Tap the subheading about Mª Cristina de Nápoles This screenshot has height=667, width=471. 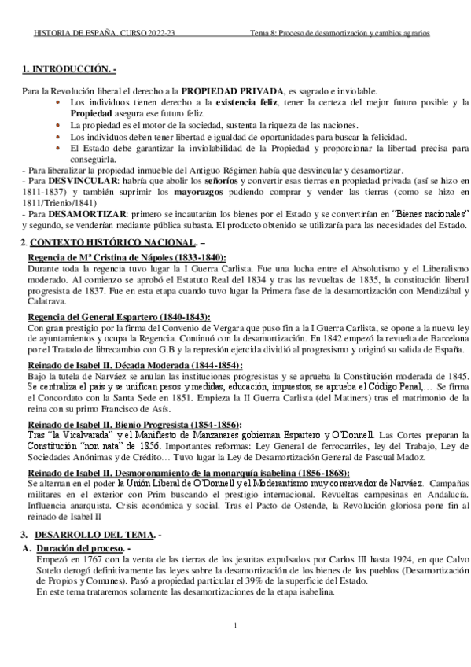(127, 257)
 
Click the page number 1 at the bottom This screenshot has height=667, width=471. (235, 626)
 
